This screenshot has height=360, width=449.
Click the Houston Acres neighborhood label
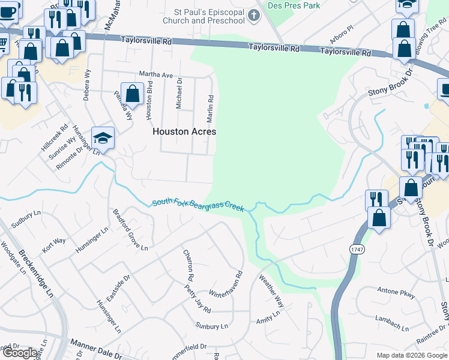click(x=184, y=131)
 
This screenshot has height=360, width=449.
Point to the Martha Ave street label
click(x=156, y=75)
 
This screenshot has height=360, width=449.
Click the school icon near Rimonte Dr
click(x=103, y=139)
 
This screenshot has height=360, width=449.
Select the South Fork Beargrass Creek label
click(x=198, y=205)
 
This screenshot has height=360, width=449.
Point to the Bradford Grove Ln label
click(x=130, y=229)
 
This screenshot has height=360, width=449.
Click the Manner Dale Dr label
click(x=97, y=347)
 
